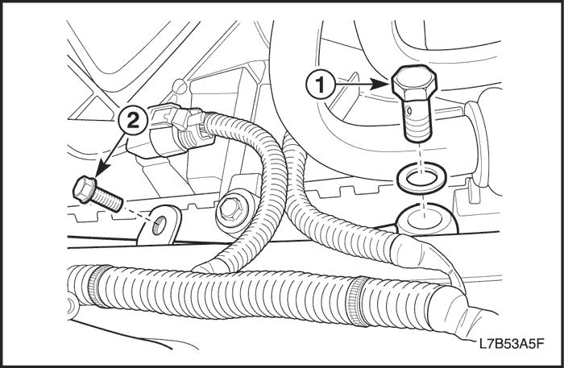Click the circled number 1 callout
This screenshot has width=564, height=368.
pos(320,85)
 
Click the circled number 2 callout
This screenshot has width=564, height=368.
pos(133,121)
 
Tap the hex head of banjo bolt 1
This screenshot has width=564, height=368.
pos(415,84)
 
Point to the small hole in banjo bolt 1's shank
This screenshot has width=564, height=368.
pos(408,111)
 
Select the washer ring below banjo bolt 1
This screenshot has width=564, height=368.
pos(420,177)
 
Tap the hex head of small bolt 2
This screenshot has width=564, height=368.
pos(84,188)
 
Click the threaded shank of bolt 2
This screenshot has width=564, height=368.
pos(108,201)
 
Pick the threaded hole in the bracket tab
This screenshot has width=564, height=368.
pos(158,226)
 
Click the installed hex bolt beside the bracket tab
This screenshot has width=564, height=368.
pos(230,210)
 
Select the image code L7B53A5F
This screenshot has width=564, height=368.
pos(511,344)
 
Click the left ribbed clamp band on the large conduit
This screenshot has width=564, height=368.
pos(97,286)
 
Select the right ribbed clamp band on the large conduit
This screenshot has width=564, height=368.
pos(359,301)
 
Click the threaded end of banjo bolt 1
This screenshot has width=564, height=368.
pos(417,127)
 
